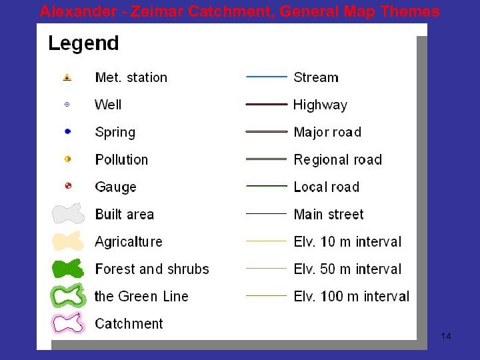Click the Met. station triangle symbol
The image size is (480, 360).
[67, 77]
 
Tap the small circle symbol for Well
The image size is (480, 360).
[67, 105]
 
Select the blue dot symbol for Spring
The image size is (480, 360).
[67, 132]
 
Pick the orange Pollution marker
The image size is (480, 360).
[67, 159]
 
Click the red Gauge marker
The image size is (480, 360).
[67, 187]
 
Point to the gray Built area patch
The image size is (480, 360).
[69, 214]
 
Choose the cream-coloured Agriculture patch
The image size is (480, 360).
[69, 241]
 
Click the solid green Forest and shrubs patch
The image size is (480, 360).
[69, 269]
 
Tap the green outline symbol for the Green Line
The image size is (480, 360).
[69, 296]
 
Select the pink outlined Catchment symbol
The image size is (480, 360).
[69, 323]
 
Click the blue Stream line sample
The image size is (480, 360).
[267, 77]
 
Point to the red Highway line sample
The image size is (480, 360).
[267, 105]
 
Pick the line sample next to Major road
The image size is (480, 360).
[267, 132]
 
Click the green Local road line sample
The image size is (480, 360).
[267, 186]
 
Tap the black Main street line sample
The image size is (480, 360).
[267, 214]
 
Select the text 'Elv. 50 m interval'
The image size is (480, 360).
[347, 269]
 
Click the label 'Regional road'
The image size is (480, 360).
[337, 160]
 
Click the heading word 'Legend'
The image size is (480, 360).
[83, 44]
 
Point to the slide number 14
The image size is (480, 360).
[446, 336]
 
